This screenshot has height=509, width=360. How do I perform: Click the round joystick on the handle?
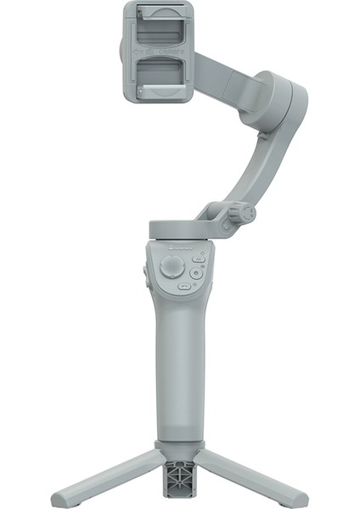[x=172, y=268]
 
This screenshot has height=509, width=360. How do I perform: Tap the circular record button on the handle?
[x=196, y=273]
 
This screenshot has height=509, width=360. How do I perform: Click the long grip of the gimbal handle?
[x=178, y=365]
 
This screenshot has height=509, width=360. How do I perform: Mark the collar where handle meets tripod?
[x=178, y=445]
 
